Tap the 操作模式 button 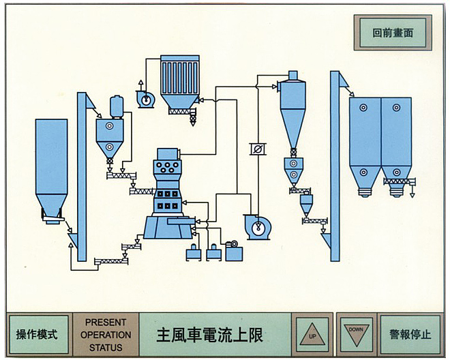tap(37, 334)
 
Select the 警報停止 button tap(410, 334)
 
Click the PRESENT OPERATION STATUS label tap(106, 334)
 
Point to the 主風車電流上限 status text tap(210, 335)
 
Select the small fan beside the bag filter tap(145, 100)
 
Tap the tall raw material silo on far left tap(51, 164)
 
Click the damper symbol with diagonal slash tap(258, 149)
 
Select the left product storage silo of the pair tap(364, 140)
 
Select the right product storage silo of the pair tap(396, 140)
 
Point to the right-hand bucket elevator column tap(335, 164)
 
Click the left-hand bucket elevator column tap(82, 177)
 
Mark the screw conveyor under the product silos tap(399, 181)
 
